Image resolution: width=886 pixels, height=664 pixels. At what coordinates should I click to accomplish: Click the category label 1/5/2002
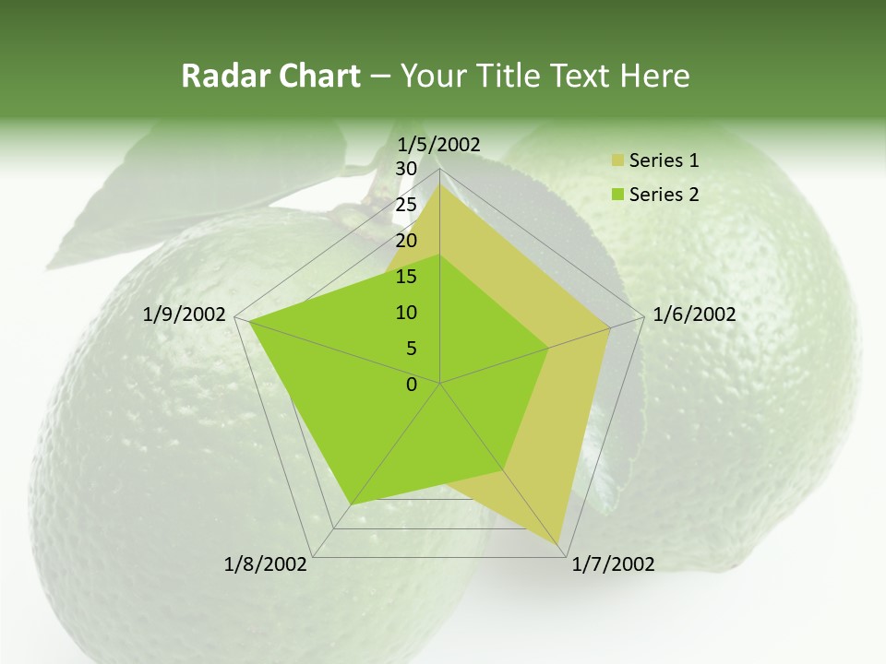(439, 145)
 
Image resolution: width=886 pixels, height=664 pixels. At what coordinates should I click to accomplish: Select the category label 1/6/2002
(694, 314)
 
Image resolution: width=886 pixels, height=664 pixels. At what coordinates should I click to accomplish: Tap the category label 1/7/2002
(613, 564)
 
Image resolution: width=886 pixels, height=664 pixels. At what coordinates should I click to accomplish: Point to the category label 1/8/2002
(266, 564)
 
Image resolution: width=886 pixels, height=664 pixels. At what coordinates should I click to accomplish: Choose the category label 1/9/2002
(185, 314)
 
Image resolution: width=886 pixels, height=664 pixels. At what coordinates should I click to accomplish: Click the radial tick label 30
(406, 169)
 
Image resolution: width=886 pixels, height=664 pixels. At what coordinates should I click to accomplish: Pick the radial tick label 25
(406, 205)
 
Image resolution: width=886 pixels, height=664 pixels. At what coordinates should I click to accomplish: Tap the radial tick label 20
(406, 241)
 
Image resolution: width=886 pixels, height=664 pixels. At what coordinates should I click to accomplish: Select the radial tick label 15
(406, 277)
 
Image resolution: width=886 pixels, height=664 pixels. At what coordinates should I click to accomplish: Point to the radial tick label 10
(406, 313)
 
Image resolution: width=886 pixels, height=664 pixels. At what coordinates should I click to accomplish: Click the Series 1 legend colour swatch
(617, 161)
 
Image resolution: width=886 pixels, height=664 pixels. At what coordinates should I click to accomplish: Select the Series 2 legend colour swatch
(617, 195)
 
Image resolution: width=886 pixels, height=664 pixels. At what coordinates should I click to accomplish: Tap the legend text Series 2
(664, 195)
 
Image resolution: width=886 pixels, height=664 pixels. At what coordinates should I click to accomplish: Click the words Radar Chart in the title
(270, 76)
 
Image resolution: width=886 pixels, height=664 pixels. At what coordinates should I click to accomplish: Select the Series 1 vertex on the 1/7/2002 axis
(560, 543)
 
